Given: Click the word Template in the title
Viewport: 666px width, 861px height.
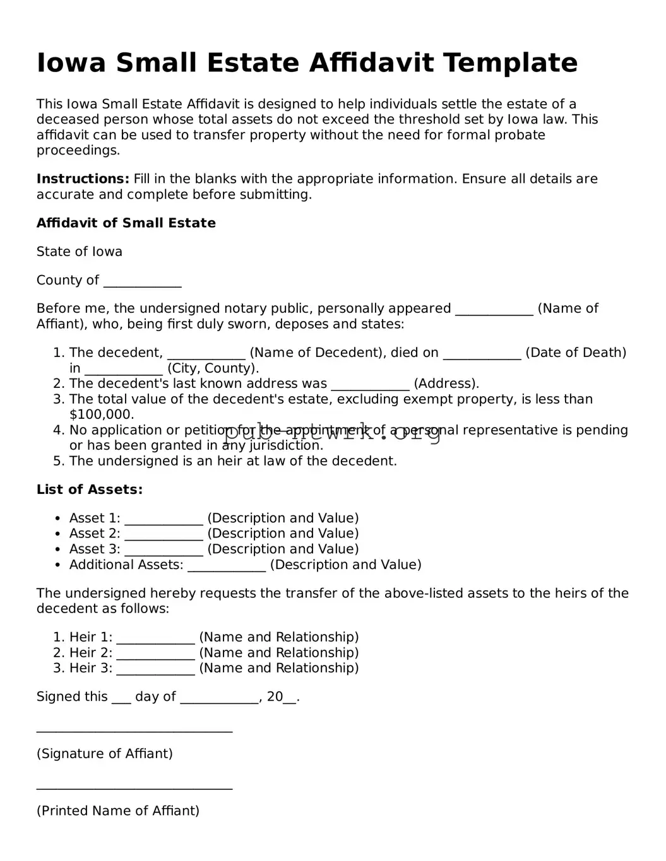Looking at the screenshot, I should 509,63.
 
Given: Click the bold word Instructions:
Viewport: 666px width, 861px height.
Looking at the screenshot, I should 83,179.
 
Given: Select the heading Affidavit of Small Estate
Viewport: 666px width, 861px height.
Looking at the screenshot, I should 126,223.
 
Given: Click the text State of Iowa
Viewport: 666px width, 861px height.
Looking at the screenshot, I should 80,252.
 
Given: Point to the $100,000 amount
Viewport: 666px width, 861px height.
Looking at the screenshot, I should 102,415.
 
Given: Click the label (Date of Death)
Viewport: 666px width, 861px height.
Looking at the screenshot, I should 576,353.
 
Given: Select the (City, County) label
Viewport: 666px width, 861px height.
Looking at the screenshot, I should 213,368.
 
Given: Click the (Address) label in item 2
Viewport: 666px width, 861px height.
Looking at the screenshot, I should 446,384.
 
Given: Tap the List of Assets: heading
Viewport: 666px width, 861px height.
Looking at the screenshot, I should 90,489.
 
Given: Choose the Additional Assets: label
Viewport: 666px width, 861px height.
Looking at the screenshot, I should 126,565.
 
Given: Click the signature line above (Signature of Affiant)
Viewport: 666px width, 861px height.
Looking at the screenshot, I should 134,730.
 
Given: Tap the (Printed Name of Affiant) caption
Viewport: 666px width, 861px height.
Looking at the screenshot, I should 118,811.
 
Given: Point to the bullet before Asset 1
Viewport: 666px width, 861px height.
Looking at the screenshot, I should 57,518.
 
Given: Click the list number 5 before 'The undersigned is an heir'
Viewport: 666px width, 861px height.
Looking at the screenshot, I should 58,461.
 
